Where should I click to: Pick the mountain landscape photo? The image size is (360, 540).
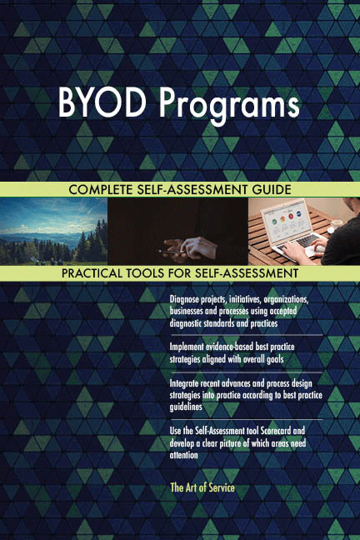tap(53, 231)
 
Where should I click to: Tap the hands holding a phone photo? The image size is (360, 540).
tap(177, 231)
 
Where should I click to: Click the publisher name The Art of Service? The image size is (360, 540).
tap(202, 487)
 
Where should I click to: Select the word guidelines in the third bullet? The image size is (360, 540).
tap(189, 407)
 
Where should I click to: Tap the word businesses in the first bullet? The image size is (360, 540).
tap(191, 311)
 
